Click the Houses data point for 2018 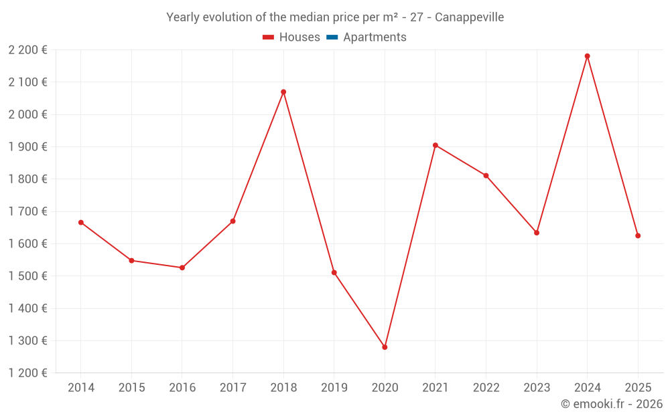(x=283, y=92)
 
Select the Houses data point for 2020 (x=385, y=347)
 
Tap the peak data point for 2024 (x=587, y=56)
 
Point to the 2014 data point (x=81, y=222)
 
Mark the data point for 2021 (x=435, y=145)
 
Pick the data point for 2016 (x=182, y=268)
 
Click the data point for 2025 (x=638, y=235)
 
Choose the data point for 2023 (x=537, y=233)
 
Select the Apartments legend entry (x=375, y=37)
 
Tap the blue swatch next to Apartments (x=332, y=37)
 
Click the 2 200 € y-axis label (x=27, y=49)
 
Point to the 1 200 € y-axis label (x=27, y=373)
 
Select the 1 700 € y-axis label (x=27, y=211)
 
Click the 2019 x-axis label (x=334, y=387)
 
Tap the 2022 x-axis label (x=486, y=387)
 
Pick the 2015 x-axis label (x=131, y=387)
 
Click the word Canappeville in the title (x=469, y=17)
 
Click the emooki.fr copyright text (x=612, y=404)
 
